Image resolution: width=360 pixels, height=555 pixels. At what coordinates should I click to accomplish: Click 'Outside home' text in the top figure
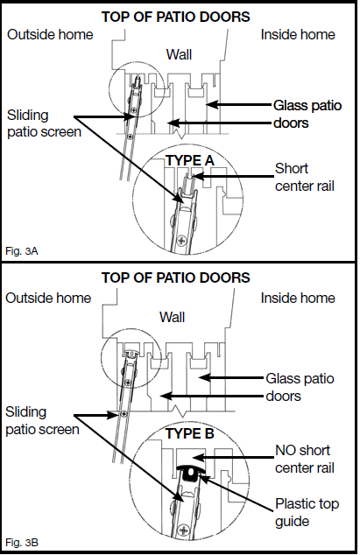pyautogui.click(x=48, y=34)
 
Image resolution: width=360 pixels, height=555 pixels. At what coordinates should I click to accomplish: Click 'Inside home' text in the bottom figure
pyautogui.click(x=298, y=298)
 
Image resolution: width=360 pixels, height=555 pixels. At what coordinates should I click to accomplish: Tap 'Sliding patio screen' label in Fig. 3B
pyautogui.click(x=39, y=421)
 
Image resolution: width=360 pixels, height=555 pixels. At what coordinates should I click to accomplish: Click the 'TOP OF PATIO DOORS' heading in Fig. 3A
pyautogui.click(x=176, y=17)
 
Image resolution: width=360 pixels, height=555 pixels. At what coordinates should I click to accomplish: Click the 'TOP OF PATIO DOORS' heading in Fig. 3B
pyautogui.click(x=176, y=277)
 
